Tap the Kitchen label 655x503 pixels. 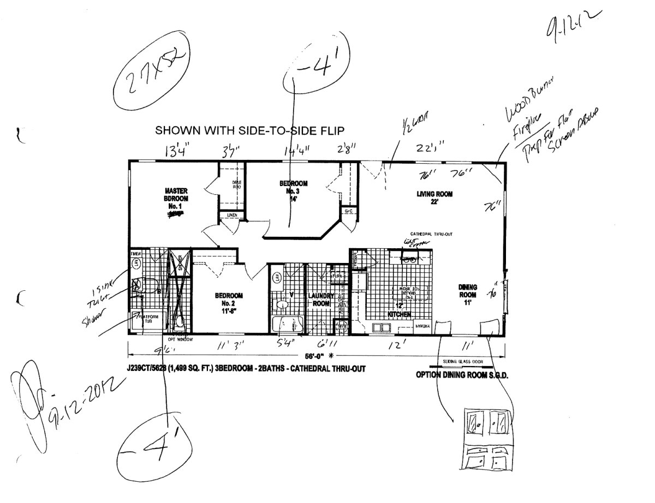coord(399,315)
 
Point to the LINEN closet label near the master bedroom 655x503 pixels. coord(232,216)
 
